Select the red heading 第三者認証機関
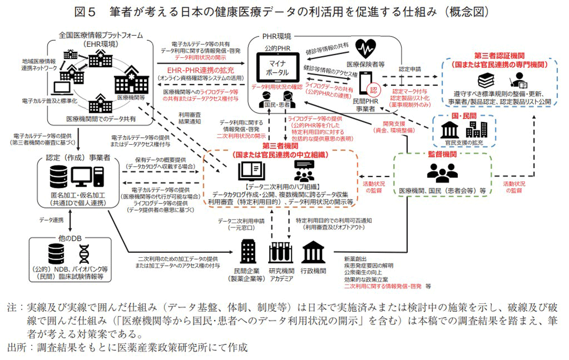[x=500, y=56]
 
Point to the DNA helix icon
[x=85, y=253]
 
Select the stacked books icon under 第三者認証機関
[x=486, y=81]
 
